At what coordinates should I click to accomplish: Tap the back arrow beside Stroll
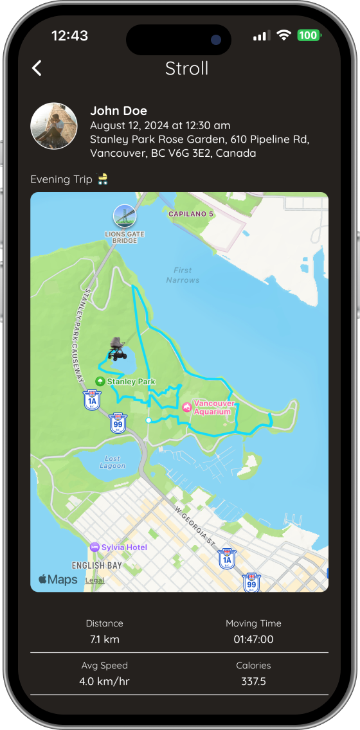[37, 68]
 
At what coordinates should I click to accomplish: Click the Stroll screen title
[186, 68]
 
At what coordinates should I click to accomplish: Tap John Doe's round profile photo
[54, 126]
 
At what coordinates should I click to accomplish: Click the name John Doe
[118, 111]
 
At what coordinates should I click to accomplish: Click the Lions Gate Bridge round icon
[124, 217]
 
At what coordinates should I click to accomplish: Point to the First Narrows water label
[183, 275]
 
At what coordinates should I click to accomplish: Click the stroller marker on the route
[116, 349]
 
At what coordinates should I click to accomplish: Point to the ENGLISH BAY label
[97, 565]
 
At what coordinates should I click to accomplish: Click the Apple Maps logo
[58, 580]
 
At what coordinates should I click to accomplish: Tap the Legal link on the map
[95, 580]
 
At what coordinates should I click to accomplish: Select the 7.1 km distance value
[104, 639]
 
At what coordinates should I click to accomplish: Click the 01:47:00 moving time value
[253, 639]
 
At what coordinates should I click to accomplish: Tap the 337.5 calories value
[253, 681]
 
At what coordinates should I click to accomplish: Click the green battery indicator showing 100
[308, 35]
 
